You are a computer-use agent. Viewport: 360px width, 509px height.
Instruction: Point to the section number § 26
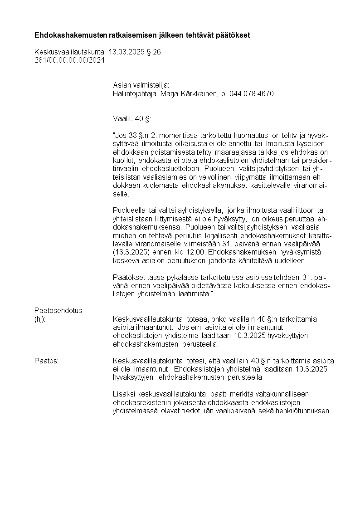154,52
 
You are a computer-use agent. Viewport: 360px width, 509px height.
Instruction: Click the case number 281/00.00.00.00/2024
69,60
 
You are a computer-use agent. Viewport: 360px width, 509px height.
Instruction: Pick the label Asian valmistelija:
141,85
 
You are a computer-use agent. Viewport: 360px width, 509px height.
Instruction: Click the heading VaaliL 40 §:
132,119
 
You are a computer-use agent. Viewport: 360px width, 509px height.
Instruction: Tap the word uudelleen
292,260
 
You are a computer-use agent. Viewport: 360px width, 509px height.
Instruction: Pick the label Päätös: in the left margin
47,361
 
